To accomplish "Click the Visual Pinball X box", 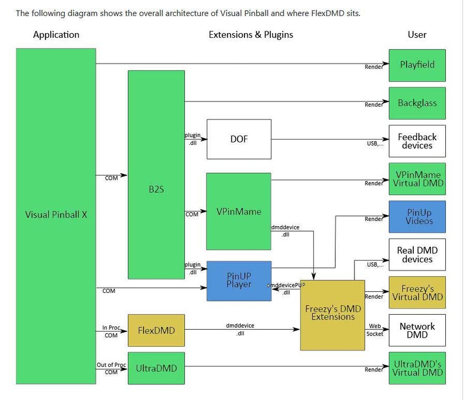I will pyautogui.click(x=56, y=215).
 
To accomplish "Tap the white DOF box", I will pyautogui.click(x=239, y=139).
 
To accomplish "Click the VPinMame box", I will pyautogui.click(x=239, y=211).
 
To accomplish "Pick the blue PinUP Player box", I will pyautogui.click(x=239, y=281).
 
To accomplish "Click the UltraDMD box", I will pyautogui.click(x=156, y=368).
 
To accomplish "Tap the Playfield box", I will pyautogui.click(x=417, y=65).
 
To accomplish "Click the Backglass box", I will pyautogui.click(x=417, y=103).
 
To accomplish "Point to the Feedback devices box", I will pyautogui.click(x=417, y=141).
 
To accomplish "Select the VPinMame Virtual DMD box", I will pyautogui.click(x=417, y=179).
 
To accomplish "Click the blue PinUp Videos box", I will pyautogui.click(x=417, y=217).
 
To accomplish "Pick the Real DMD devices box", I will pyautogui.click(x=417, y=255).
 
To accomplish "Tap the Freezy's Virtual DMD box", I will pyautogui.click(x=417, y=292).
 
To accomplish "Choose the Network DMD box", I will pyautogui.click(x=417, y=330).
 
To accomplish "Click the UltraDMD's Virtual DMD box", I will pyautogui.click(x=417, y=368).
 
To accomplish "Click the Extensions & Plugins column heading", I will pyautogui.click(x=250, y=35).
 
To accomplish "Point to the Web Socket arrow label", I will pyautogui.click(x=375, y=330).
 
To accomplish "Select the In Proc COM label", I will pyautogui.click(x=111, y=331).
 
